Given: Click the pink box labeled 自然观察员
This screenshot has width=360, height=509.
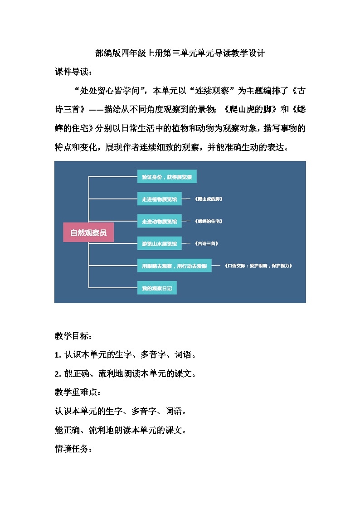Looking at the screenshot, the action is click(x=88, y=233).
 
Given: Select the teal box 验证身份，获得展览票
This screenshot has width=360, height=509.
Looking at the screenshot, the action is click(x=167, y=177).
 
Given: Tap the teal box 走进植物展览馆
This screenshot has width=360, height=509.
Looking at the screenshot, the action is click(x=159, y=199).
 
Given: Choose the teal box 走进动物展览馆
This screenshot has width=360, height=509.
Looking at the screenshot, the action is click(x=159, y=221).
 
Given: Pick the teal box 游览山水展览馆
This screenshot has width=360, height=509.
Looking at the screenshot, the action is click(x=159, y=243).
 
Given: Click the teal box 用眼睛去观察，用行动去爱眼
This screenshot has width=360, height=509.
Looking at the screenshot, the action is click(x=174, y=266).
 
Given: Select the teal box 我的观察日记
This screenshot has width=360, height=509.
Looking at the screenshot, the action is click(x=157, y=288).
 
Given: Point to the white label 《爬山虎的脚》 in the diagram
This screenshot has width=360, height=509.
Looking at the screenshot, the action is click(x=209, y=199).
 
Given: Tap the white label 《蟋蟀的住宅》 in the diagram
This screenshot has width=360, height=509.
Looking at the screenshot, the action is click(x=209, y=221).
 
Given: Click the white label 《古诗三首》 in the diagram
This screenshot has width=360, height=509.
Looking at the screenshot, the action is click(x=206, y=243).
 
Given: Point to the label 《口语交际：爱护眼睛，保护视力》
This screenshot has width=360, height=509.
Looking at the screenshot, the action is click(x=258, y=266).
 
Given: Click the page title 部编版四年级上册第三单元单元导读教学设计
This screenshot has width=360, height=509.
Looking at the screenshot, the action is click(x=180, y=53).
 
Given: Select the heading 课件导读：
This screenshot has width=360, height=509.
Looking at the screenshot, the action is click(x=73, y=72).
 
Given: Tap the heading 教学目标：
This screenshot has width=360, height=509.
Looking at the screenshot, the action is click(x=73, y=336).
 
